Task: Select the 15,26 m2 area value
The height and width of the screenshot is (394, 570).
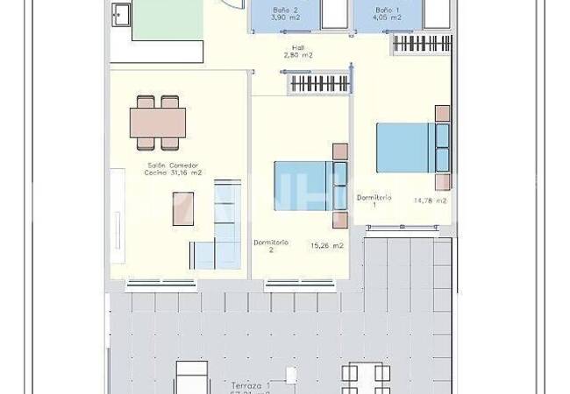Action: (326, 246)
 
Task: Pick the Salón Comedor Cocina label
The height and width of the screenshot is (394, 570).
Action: (173, 169)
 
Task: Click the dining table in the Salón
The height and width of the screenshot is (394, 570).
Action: (159, 122)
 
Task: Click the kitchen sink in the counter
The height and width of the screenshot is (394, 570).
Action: (119, 16)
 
